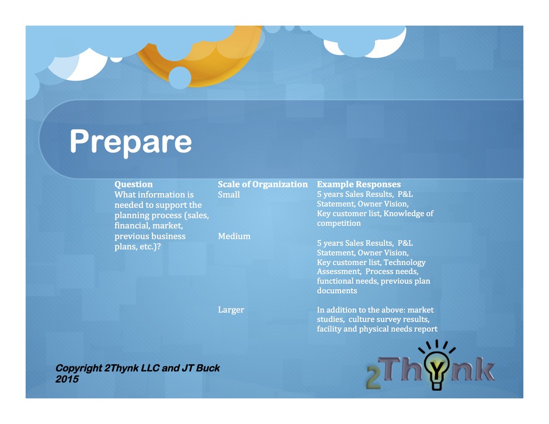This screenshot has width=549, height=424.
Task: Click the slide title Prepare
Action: click(x=131, y=141)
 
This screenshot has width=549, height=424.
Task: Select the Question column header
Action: click(x=133, y=184)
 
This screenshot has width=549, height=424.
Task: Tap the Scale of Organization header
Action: click(x=263, y=184)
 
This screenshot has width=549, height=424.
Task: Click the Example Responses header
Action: click(x=359, y=184)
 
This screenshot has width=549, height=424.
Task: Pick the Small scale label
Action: click(x=228, y=194)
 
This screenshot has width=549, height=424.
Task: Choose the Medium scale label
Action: click(x=234, y=237)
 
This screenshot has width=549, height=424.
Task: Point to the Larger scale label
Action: click(x=231, y=310)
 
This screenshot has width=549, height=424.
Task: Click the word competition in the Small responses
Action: click(x=339, y=223)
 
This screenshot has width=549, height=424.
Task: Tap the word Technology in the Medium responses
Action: click(x=405, y=263)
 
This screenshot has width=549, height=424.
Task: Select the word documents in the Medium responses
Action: click(x=337, y=291)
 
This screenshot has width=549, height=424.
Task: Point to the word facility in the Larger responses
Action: click(x=328, y=329)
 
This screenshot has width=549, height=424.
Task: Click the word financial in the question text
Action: click(x=131, y=226)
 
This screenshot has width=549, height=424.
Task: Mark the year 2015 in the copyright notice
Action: click(x=67, y=379)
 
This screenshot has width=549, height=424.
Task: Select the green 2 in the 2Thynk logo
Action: click(x=373, y=378)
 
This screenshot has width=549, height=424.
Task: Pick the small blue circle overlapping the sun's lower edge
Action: click(x=180, y=78)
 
